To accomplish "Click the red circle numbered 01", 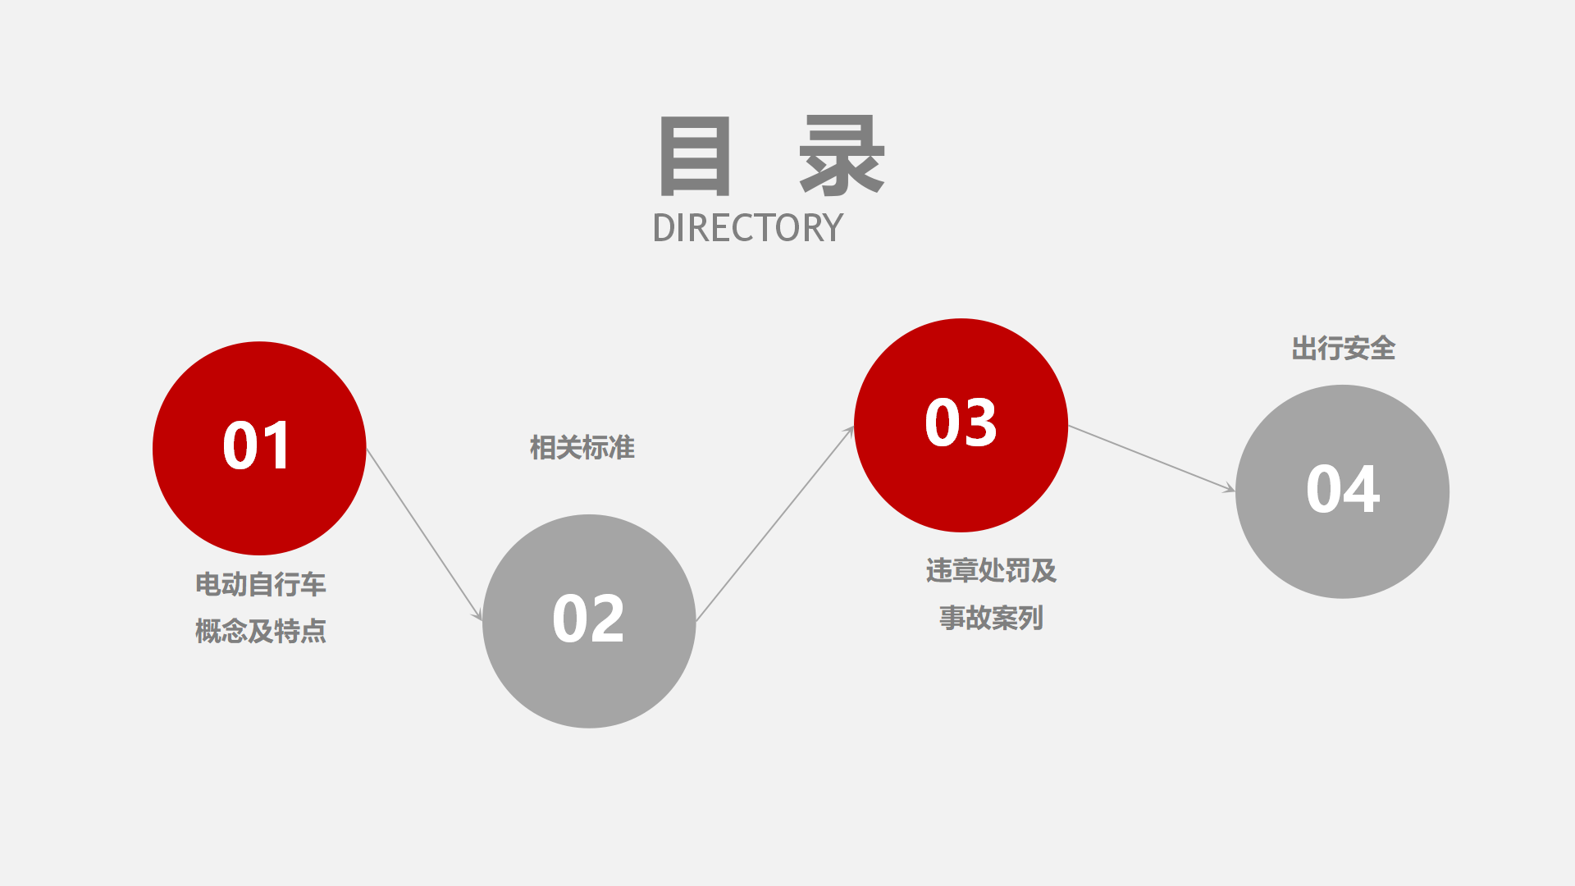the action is click(259, 448).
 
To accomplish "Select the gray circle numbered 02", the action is click(589, 621).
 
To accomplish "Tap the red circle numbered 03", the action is click(961, 425).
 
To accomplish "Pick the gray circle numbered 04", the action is click(1342, 491).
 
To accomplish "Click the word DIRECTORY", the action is click(747, 228).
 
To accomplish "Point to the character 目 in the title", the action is click(695, 156).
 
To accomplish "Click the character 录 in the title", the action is click(842, 156).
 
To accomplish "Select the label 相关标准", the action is click(582, 448).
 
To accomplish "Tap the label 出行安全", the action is click(1344, 349).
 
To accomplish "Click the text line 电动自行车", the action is click(261, 584).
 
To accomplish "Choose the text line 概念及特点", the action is click(261, 631).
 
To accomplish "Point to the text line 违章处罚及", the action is click(991, 570).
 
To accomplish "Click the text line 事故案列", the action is click(991, 618).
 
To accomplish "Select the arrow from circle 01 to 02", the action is click(424, 535).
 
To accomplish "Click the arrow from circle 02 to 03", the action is click(775, 523).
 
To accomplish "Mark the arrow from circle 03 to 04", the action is click(1152, 459).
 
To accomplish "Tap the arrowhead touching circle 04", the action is click(1230, 489).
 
